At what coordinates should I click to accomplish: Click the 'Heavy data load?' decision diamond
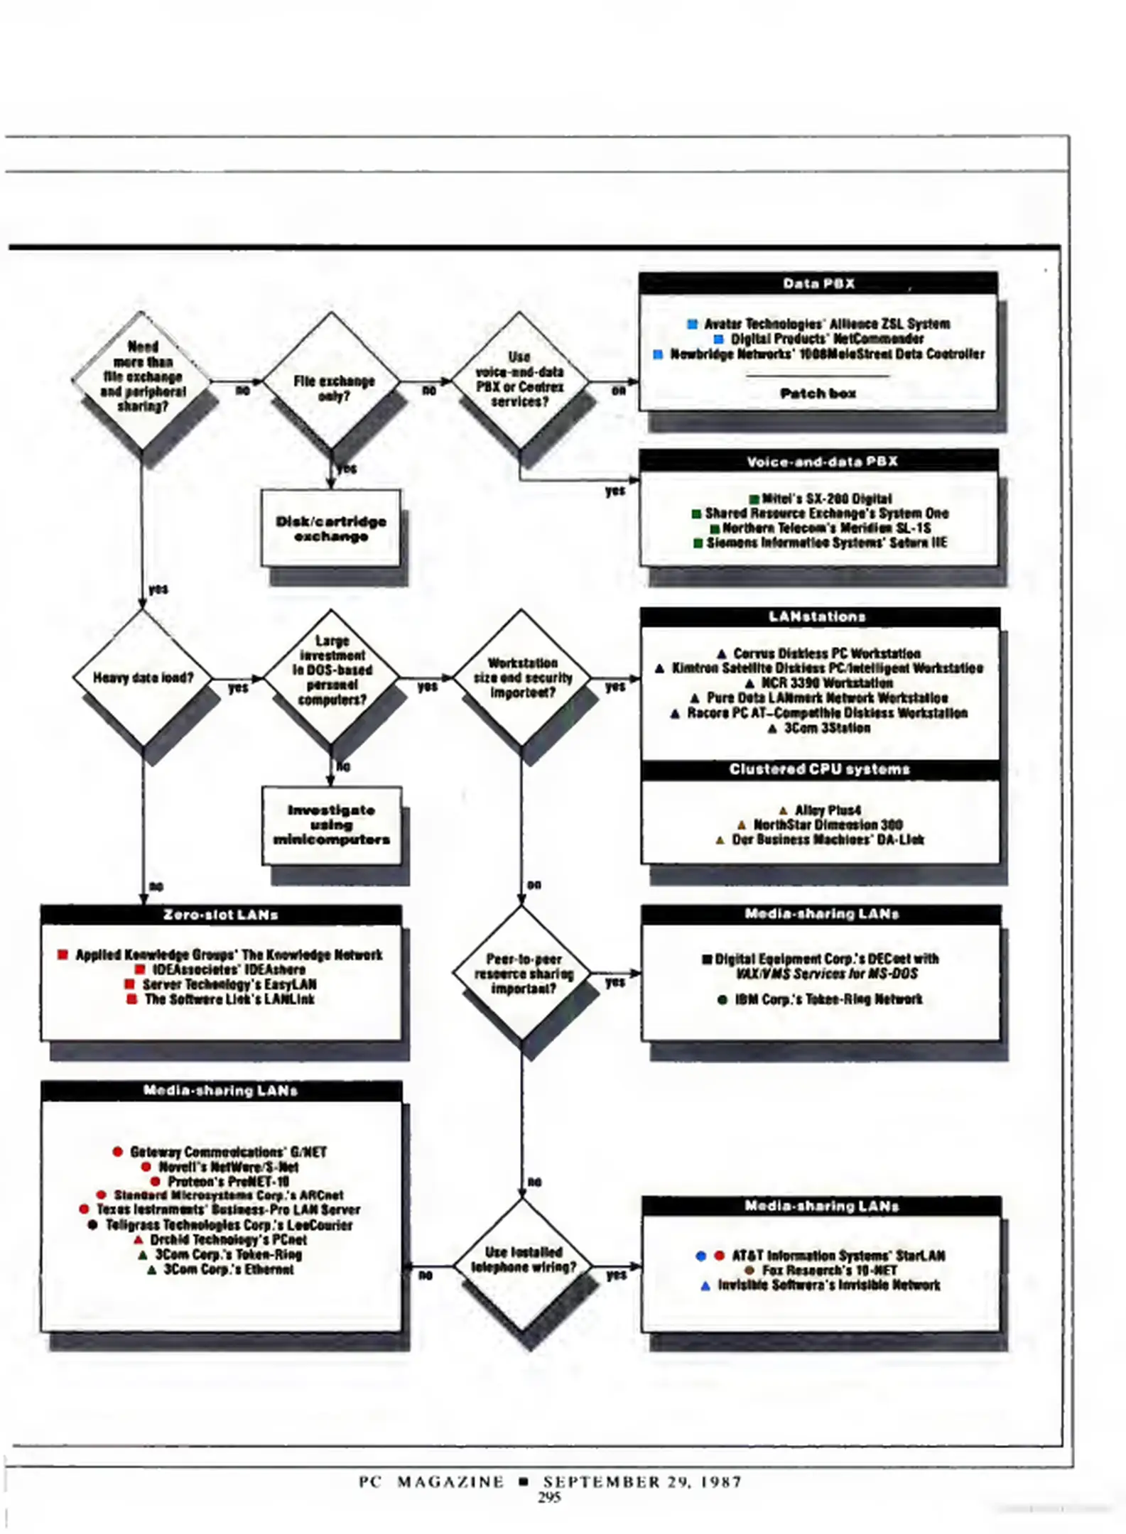143,678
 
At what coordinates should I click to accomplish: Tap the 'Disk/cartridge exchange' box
331,528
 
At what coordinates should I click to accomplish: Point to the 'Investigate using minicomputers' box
332,825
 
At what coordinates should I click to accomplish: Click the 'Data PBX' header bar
818,283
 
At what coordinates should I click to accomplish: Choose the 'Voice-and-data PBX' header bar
819,462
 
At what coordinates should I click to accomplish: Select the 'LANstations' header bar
819,616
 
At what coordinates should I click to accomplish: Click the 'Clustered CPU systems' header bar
819,769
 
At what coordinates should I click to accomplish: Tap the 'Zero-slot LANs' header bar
220,915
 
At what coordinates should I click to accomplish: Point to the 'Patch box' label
818,393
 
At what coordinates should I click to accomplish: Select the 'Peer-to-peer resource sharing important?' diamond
523,974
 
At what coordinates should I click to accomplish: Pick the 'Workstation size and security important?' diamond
522,678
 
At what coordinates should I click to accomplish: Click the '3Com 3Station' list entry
827,728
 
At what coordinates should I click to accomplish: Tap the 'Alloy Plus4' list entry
828,810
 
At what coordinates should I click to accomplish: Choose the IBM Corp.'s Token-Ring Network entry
828,999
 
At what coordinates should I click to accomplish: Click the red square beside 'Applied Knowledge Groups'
63,954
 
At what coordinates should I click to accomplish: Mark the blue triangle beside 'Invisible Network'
705,1285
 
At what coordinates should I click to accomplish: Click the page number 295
549,1497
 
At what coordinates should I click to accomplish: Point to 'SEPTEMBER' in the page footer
601,1481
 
